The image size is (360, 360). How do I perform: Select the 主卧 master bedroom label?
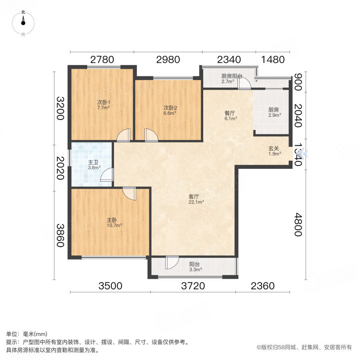[112, 220]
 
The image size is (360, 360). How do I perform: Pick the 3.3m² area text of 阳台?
[195, 270]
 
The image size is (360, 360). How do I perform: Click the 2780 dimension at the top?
[102, 60]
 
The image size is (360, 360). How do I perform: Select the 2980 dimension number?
[168, 60]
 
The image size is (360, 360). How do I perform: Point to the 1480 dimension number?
[273, 60]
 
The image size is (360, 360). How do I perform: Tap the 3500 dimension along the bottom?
[110, 286]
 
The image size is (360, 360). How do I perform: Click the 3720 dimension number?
[193, 286]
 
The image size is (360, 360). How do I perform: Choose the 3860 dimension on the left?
[60, 236]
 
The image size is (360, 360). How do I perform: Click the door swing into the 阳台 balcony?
[172, 262]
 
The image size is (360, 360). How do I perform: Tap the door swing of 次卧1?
[123, 135]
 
